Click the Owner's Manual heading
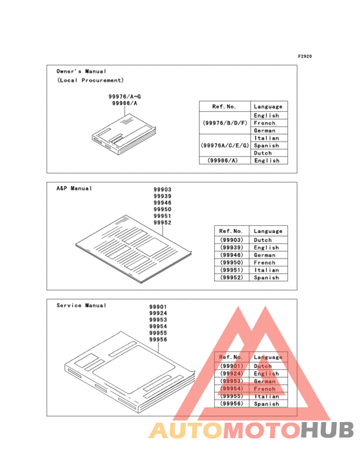(82, 71)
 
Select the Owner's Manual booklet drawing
(123, 132)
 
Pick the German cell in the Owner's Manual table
(265, 131)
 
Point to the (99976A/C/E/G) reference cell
(224, 145)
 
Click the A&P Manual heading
(74, 189)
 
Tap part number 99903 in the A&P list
(163, 190)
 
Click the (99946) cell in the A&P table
(231, 255)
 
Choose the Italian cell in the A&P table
(266, 270)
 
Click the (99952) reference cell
(231, 278)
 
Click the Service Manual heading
(82, 305)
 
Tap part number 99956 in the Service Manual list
(158, 339)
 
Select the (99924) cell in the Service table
(231, 374)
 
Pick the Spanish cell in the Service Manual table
(267, 404)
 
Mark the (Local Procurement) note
(90, 80)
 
